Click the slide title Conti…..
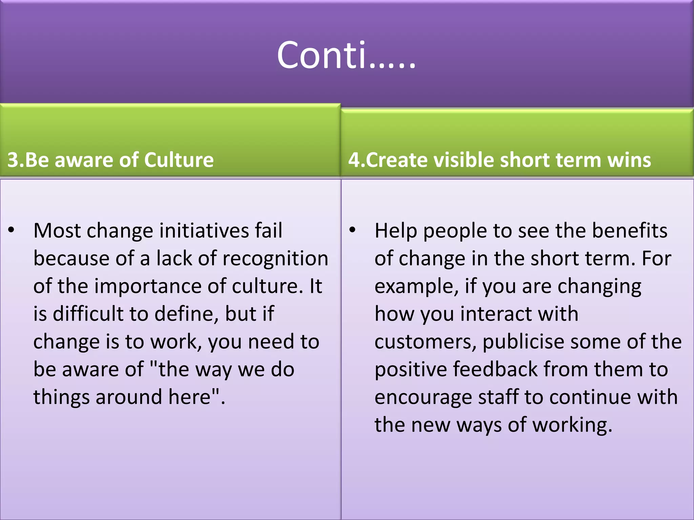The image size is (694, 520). pyautogui.click(x=346, y=55)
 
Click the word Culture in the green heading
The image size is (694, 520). pyautogui.click(x=179, y=160)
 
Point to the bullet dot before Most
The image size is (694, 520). pyautogui.click(x=12, y=230)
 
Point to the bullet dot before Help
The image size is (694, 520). pyautogui.click(x=352, y=230)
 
